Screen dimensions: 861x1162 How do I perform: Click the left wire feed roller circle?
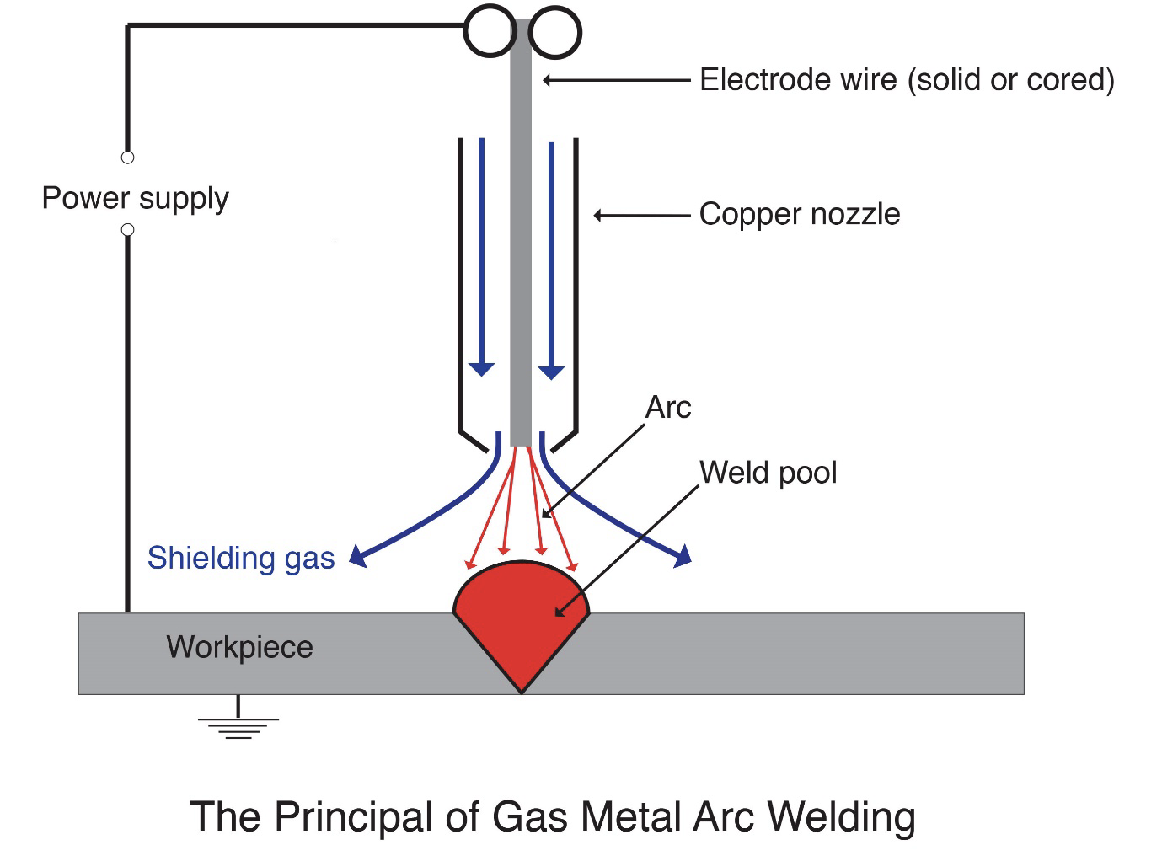click(490, 31)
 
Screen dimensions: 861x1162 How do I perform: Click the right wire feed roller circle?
click(555, 33)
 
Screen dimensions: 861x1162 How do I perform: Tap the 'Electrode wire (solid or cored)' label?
click(907, 80)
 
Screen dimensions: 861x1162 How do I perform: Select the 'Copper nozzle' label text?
click(799, 214)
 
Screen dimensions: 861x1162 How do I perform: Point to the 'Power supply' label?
click(135, 198)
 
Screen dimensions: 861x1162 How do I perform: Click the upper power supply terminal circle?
click(127, 158)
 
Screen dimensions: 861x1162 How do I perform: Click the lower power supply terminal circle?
click(127, 230)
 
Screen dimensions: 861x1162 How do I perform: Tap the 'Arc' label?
click(667, 408)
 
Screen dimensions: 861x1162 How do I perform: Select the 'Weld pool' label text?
click(768, 473)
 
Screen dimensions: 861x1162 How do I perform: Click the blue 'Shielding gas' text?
click(241, 558)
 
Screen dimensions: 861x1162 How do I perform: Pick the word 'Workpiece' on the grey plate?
click(239, 647)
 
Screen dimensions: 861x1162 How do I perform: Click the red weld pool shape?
click(521, 619)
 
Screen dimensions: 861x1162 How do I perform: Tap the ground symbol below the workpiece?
click(238, 724)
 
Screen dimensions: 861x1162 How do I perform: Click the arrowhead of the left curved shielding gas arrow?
click(358, 555)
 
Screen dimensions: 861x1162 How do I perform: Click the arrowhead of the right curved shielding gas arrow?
click(683, 555)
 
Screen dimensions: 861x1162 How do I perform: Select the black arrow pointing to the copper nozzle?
click(640, 216)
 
